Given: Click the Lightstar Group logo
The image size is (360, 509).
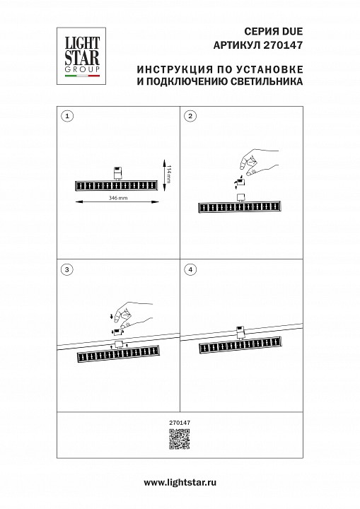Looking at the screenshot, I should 78,53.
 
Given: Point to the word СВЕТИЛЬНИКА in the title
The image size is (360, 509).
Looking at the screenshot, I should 264,82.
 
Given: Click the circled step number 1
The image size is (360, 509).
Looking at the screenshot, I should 67,116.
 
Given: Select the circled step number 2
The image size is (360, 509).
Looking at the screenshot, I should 190,116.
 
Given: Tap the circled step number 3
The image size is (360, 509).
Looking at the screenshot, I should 67,269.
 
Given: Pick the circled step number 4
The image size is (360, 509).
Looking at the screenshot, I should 190,269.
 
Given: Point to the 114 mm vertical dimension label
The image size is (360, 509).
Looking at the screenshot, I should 170,173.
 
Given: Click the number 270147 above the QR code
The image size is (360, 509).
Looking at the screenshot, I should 180,423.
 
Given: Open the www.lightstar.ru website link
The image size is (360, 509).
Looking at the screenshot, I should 180,481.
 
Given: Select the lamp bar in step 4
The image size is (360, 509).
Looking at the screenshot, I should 240,347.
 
